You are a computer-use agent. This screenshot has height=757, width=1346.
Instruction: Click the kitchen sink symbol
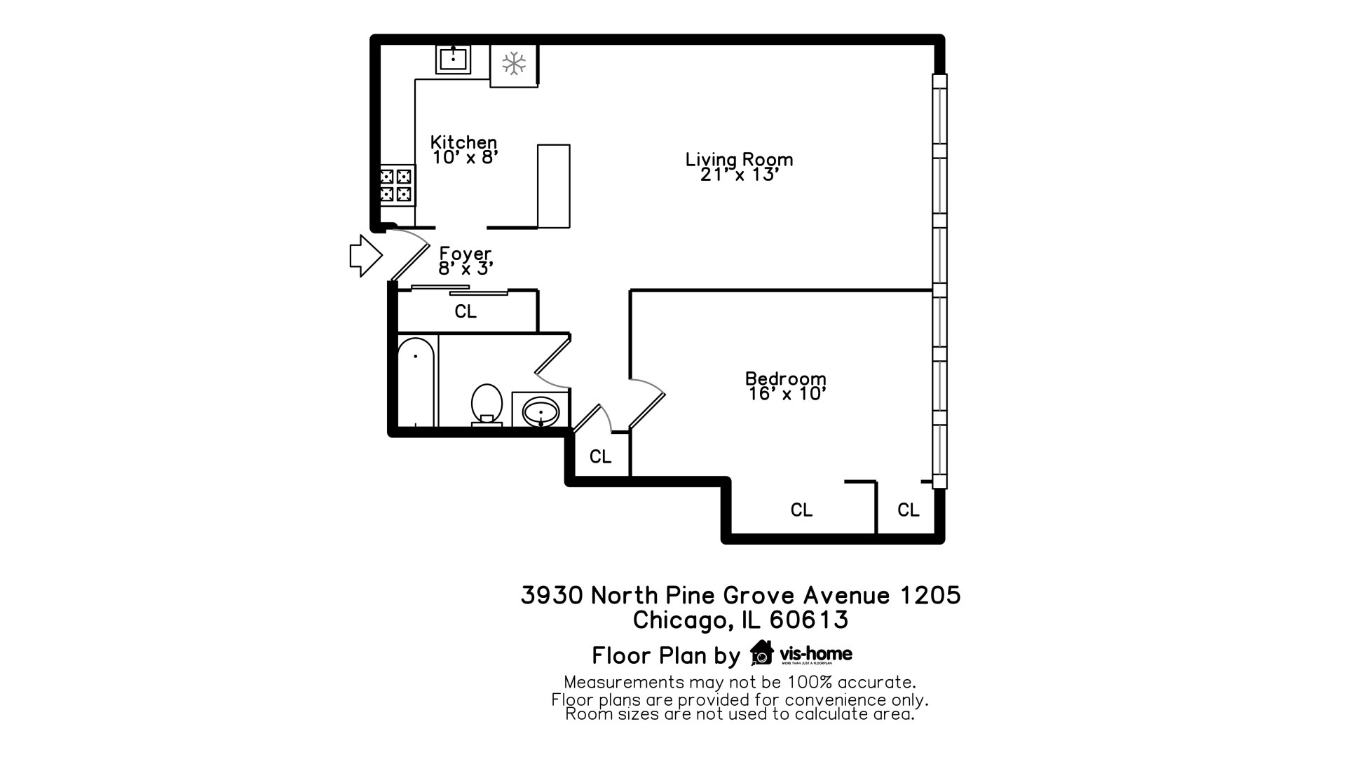pyautogui.click(x=453, y=59)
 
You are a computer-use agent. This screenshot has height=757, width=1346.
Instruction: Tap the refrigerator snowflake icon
pyautogui.click(x=514, y=64)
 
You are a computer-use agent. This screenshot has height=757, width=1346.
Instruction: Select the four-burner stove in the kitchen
pyautogui.click(x=397, y=185)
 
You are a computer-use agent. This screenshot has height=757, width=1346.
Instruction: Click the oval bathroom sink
pyautogui.click(x=541, y=411)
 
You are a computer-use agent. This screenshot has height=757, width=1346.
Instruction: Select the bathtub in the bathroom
pyautogui.click(x=416, y=382)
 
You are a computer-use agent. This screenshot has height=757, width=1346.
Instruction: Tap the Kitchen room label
pyautogui.click(x=463, y=142)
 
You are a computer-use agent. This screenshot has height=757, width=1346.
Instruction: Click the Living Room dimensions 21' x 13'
pyautogui.click(x=740, y=175)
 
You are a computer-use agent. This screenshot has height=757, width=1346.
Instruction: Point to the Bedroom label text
pyautogui.click(x=785, y=378)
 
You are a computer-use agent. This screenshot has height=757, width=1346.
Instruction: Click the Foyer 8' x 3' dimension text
pyautogui.click(x=466, y=268)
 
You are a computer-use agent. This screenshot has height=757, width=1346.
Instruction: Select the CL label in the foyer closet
pyautogui.click(x=465, y=311)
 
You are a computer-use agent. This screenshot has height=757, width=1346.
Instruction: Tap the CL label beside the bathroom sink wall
pyautogui.click(x=600, y=457)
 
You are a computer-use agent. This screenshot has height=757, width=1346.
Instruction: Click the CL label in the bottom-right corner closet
pyautogui.click(x=909, y=510)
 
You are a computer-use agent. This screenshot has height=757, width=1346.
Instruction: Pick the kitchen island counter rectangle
pyautogui.click(x=554, y=186)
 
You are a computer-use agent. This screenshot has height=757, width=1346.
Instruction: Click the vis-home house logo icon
pyautogui.click(x=761, y=653)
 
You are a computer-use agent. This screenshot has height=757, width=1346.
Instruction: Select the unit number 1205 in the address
pyautogui.click(x=930, y=595)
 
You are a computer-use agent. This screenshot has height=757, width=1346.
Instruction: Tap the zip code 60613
pyautogui.click(x=809, y=620)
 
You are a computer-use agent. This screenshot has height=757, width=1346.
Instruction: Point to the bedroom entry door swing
pyautogui.click(x=646, y=402)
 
